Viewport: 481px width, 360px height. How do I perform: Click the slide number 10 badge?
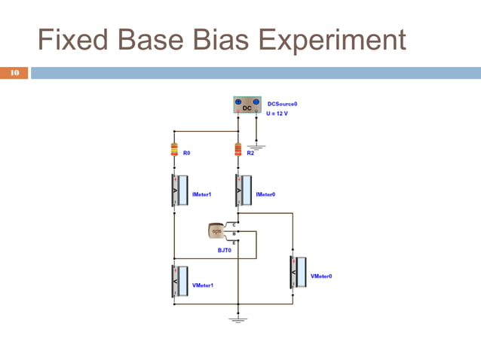[14, 73]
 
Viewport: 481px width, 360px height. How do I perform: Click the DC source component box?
[247, 105]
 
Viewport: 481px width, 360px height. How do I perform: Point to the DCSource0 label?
[283, 104]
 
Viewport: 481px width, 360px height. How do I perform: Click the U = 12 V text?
[277, 114]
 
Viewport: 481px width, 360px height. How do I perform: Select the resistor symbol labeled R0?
[174, 149]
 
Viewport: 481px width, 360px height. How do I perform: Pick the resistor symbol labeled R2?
[238, 149]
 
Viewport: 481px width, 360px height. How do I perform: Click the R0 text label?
[186, 153]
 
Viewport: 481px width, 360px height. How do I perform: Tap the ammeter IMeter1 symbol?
[175, 191]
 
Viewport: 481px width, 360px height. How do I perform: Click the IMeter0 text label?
[265, 194]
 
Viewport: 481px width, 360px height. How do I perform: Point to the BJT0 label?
[224, 251]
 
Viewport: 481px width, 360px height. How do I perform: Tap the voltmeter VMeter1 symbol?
[175, 281]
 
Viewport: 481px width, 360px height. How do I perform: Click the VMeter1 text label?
[203, 285]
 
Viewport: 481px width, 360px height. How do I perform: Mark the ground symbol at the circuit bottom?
[238, 319]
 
